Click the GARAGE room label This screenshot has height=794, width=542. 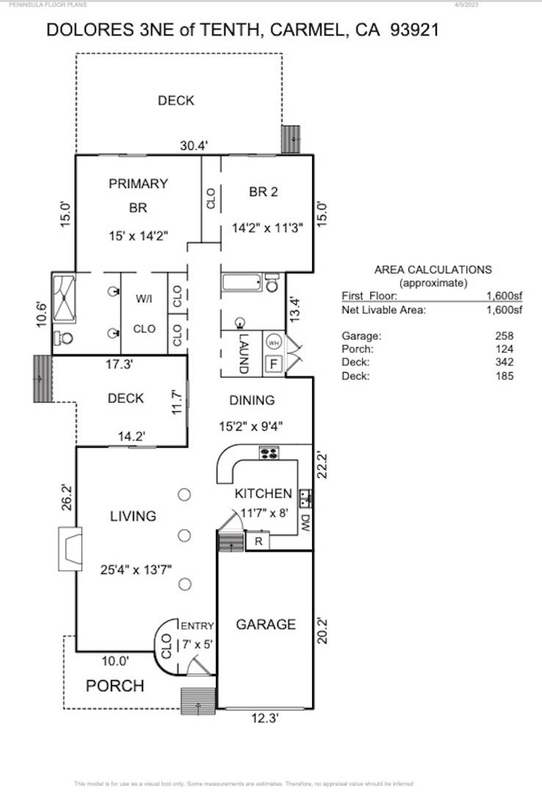pyautogui.click(x=265, y=624)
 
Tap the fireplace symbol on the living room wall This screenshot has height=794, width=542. pyautogui.click(x=71, y=548)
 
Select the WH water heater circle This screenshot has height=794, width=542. pyautogui.click(x=272, y=342)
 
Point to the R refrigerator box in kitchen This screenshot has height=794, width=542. pyautogui.click(x=258, y=542)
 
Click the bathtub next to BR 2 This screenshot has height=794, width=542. pyautogui.click(x=242, y=282)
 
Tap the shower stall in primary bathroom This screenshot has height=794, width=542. pyautogui.click(x=63, y=298)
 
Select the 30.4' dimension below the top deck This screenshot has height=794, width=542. pyautogui.click(x=194, y=146)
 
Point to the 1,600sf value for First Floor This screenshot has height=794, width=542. pyautogui.click(x=504, y=296)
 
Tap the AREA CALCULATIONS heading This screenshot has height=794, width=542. pyautogui.click(x=433, y=270)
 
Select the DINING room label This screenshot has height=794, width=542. pyautogui.click(x=252, y=401)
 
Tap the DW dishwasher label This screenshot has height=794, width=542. pyautogui.click(x=305, y=523)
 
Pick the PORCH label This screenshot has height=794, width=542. pyautogui.click(x=115, y=686)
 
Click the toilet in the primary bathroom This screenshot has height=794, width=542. pyautogui.click(x=62, y=338)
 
